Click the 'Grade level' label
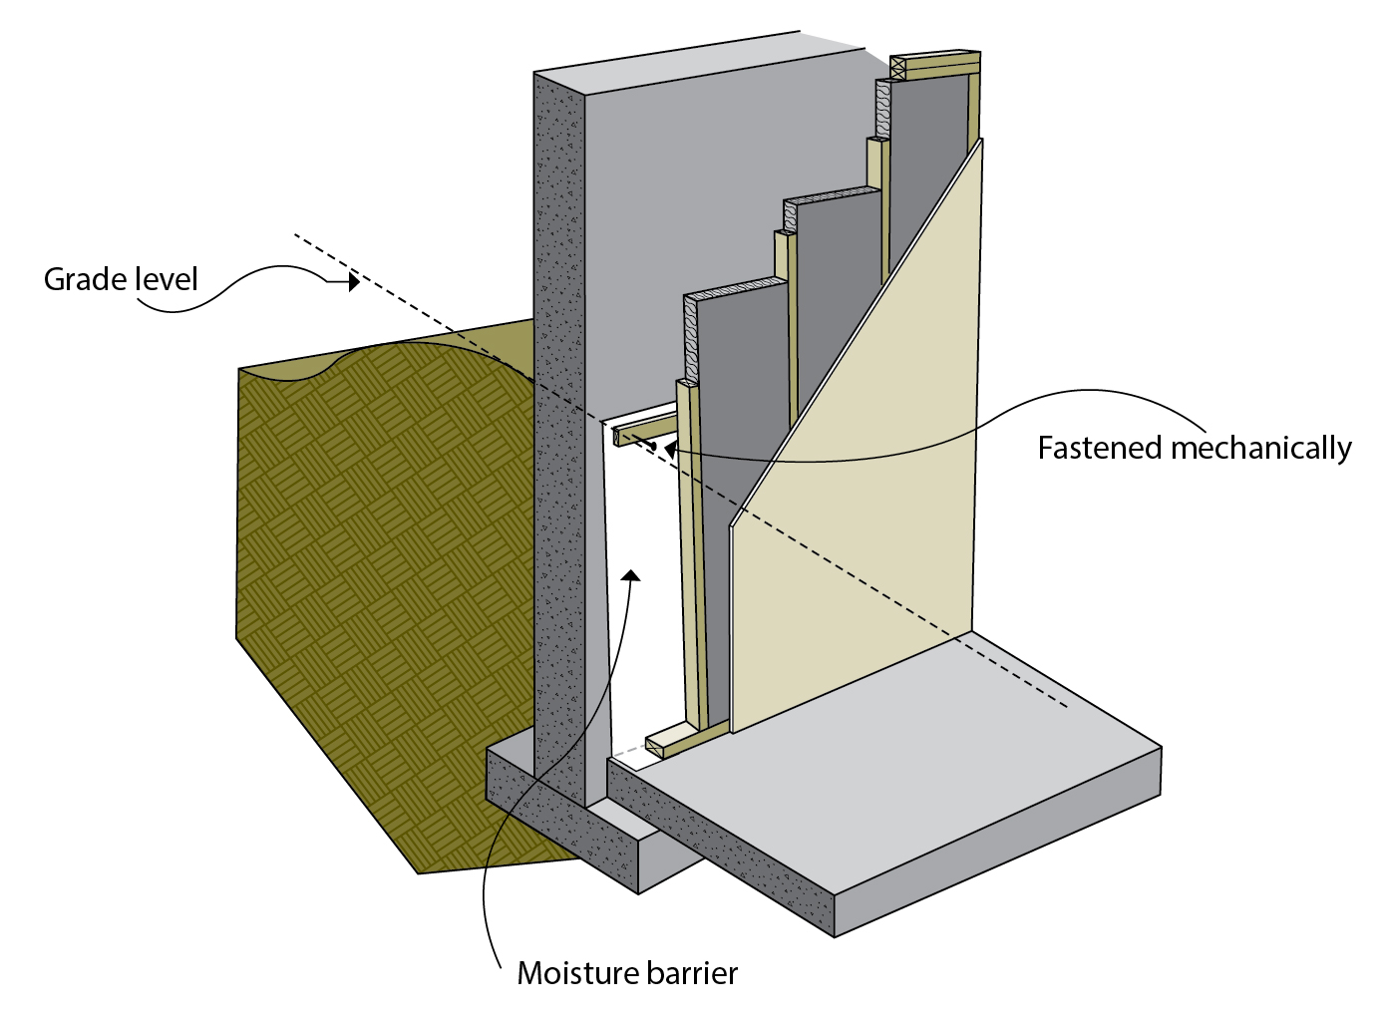(121, 279)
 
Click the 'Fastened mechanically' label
(1194, 449)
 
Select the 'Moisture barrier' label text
(627, 973)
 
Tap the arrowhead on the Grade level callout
(353, 282)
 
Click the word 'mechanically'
(1261, 449)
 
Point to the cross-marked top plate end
(898, 67)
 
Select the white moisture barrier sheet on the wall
(643, 598)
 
